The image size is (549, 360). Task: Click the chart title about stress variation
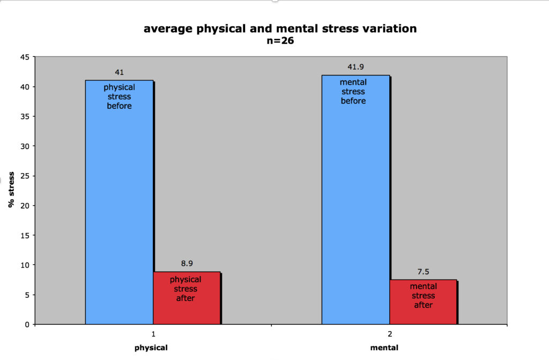pyautogui.click(x=280, y=28)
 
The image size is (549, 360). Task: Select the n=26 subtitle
pyautogui.click(x=280, y=41)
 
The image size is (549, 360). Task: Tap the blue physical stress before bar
pyautogui.click(x=119, y=202)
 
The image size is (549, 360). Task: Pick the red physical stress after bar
pyautogui.click(x=187, y=298)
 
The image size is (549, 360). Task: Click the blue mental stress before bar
pyautogui.click(x=355, y=200)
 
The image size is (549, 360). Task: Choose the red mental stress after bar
pyautogui.click(x=423, y=302)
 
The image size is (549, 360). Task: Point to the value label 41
pyautogui.click(x=119, y=72)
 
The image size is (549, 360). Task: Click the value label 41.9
pyautogui.click(x=355, y=67)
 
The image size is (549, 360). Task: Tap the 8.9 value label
pyautogui.click(x=187, y=264)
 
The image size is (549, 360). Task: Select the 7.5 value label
pyautogui.click(x=423, y=272)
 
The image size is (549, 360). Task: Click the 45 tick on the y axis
pyautogui.click(x=25, y=57)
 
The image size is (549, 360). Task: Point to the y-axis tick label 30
pyautogui.click(x=25, y=146)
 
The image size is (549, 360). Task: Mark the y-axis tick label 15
pyautogui.click(x=25, y=236)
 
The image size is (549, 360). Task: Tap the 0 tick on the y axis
pyautogui.click(x=27, y=325)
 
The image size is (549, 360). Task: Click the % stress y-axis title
pyautogui.click(x=11, y=190)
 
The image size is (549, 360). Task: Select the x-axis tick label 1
pyautogui.click(x=153, y=334)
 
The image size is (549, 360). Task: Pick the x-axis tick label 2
pyautogui.click(x=390, y=334)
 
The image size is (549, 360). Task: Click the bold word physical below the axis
pyautogui.click(x=151, y=348)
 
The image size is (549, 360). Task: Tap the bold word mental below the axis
pyautogui.click(x=384, y=348)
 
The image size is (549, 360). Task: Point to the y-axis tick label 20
pyautogui.click(x=25, y=206)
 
